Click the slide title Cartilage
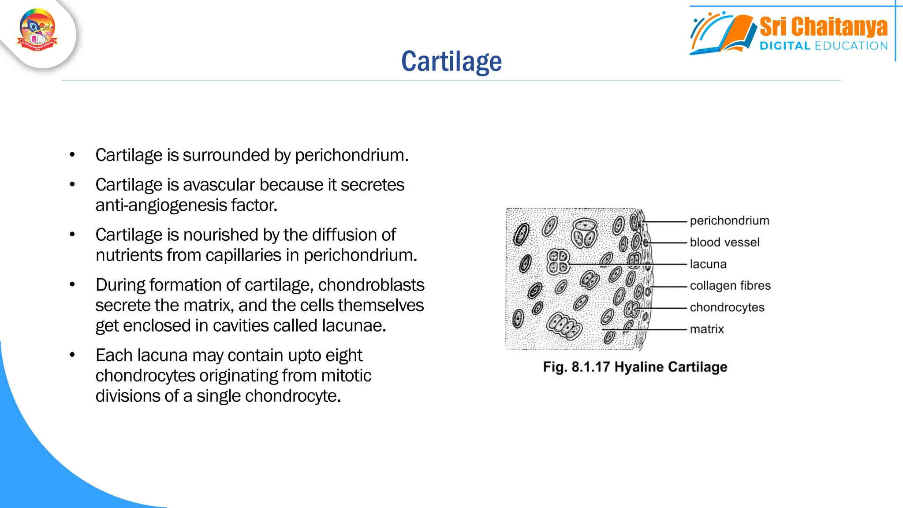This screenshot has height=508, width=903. (451, 61)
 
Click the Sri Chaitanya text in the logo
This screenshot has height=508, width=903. (823, 27)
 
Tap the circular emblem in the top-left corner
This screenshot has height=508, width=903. (37, 31)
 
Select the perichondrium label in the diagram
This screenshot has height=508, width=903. (729, 220)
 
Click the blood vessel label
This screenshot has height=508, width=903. (724, 242)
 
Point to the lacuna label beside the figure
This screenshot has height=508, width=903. (708, 264)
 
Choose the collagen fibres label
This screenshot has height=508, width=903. (730, 286)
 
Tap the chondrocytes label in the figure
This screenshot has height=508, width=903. (727, 307)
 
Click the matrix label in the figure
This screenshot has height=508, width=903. (707, 329)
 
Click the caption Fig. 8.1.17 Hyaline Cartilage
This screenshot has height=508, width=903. (635, 367)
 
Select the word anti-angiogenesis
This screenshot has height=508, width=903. (161, 205)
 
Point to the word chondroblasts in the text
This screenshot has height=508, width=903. (371, 285)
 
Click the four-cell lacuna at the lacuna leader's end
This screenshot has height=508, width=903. (558, 261)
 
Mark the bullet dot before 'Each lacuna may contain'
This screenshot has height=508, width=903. (72, 355)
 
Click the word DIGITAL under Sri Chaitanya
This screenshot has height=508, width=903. (785, 46)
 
